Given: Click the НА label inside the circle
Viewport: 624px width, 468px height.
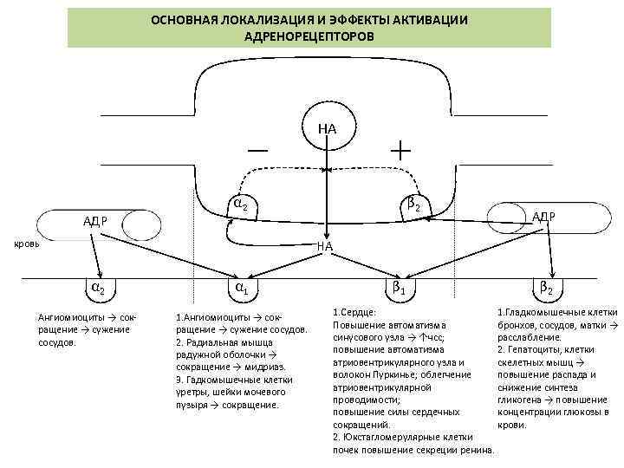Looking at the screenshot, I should [x=327, y=129].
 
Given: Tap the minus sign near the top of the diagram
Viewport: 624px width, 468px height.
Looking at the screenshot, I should [x=257, y=149].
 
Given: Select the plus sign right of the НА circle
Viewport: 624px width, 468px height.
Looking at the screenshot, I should [x=400, y=148].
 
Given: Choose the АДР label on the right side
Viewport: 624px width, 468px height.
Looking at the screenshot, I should [x=543, y=215].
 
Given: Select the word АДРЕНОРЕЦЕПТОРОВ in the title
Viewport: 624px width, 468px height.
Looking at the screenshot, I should [x=309, y=38].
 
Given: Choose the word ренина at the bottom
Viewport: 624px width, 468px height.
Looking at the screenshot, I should [x=478, y=451].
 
